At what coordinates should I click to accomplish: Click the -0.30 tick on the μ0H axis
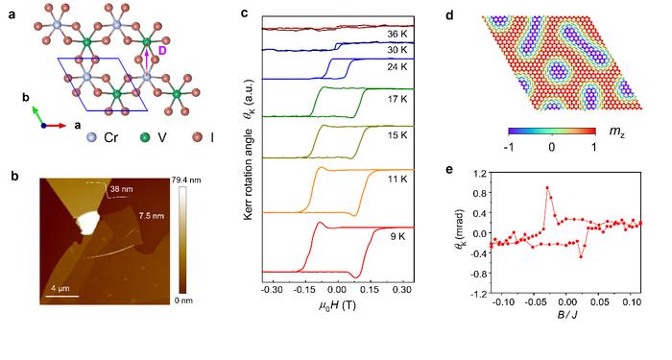[275, 287]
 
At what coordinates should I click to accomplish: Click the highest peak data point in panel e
[547, 188]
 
